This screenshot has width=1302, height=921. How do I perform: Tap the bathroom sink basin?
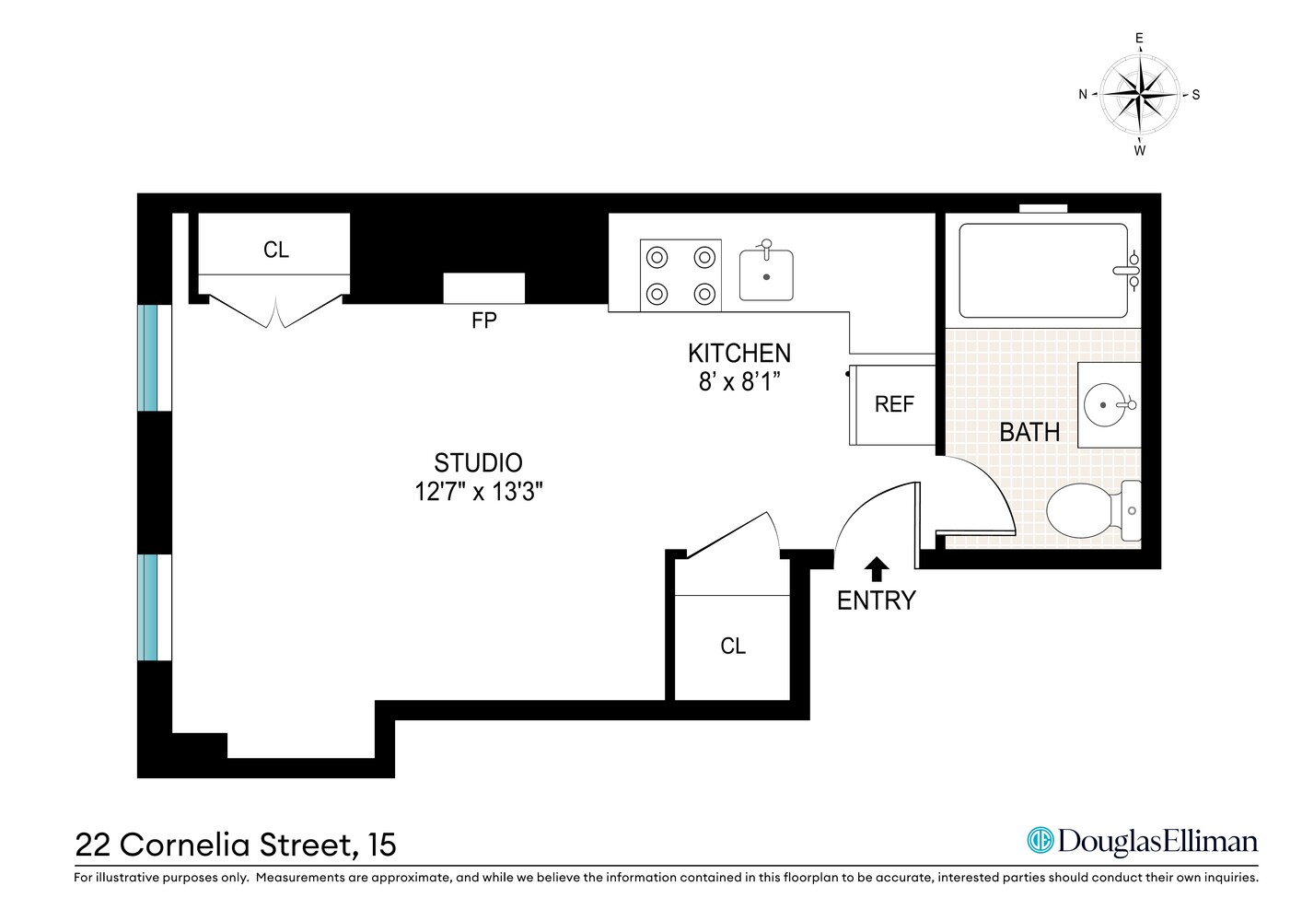[1105, 404]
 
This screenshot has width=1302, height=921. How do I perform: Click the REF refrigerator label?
[894, 404]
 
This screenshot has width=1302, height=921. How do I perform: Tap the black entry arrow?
[877, 568]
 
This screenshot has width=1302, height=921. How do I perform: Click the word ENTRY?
[876, 600]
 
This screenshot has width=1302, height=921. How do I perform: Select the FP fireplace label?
[484, 321]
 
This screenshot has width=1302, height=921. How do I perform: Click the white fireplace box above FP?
[484, 288]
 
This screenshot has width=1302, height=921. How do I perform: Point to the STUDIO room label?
[478, 462]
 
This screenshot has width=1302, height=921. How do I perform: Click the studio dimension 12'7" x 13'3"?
[478, 492]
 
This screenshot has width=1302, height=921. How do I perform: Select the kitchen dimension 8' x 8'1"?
[738, 381]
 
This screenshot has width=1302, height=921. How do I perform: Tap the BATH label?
[1029, 432]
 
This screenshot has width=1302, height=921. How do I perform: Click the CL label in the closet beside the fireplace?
[275, 250]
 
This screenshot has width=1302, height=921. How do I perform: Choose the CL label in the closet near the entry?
[733, 647]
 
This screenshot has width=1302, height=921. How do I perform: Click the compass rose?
[1140, 94]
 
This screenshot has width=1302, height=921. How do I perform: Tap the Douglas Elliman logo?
[1142, 840]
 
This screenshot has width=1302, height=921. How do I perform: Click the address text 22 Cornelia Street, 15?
[236, 844]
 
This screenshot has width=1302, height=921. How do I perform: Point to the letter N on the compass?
[1083, 94]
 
